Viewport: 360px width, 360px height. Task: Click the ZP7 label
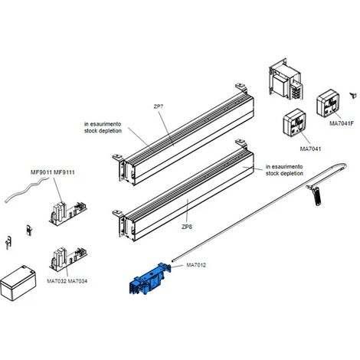tap(159, 106)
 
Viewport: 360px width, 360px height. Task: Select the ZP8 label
tap(187, 227)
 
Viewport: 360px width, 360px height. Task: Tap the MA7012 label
tap(196, 265)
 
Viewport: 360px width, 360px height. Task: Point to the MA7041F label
tap(342, 123)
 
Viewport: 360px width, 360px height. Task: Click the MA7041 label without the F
tap(310, 149)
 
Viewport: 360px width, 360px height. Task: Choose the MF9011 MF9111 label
tap(53, 172)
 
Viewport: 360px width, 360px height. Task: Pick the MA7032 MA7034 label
tap(67, 281)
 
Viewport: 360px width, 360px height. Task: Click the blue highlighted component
tap(151, 279)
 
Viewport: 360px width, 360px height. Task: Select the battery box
tap(18, 283)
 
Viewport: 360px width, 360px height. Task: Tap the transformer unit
tap(286, 80)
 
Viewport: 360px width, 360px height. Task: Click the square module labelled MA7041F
tap(328, 103)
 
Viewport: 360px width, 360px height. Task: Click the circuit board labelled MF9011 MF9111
tap(67, 213)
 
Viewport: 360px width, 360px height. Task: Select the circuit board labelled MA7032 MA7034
tap(68, 259)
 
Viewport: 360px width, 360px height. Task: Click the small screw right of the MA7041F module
tap(353, 95)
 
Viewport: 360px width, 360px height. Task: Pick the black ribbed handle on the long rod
tap(316, 196)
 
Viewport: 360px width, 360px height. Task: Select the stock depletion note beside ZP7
tap(103, 127)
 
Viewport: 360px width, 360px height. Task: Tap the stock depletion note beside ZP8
tap(284, 170)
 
